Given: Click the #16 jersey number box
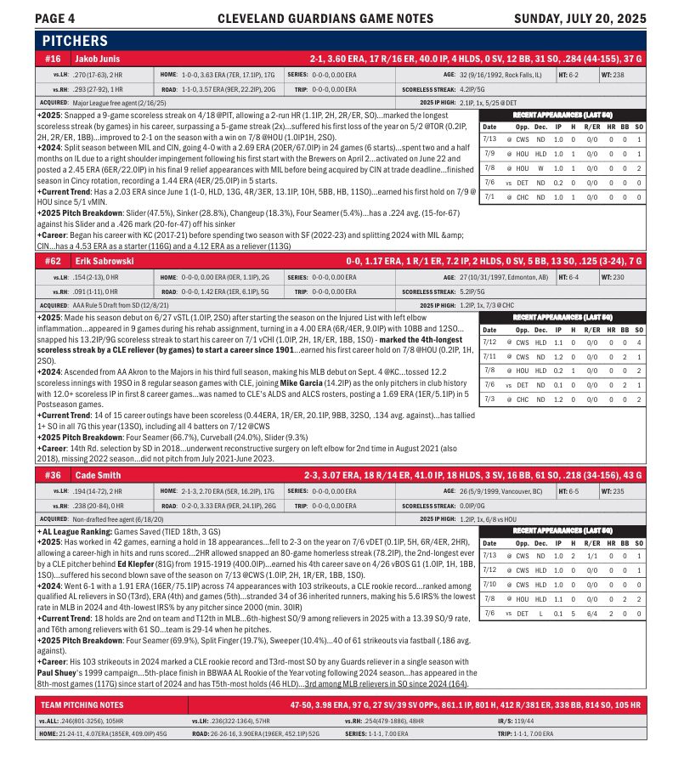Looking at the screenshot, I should pyautogui.click(x=54, y=59).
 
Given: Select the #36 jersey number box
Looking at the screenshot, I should pyautogui.click(x=54, y=473).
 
